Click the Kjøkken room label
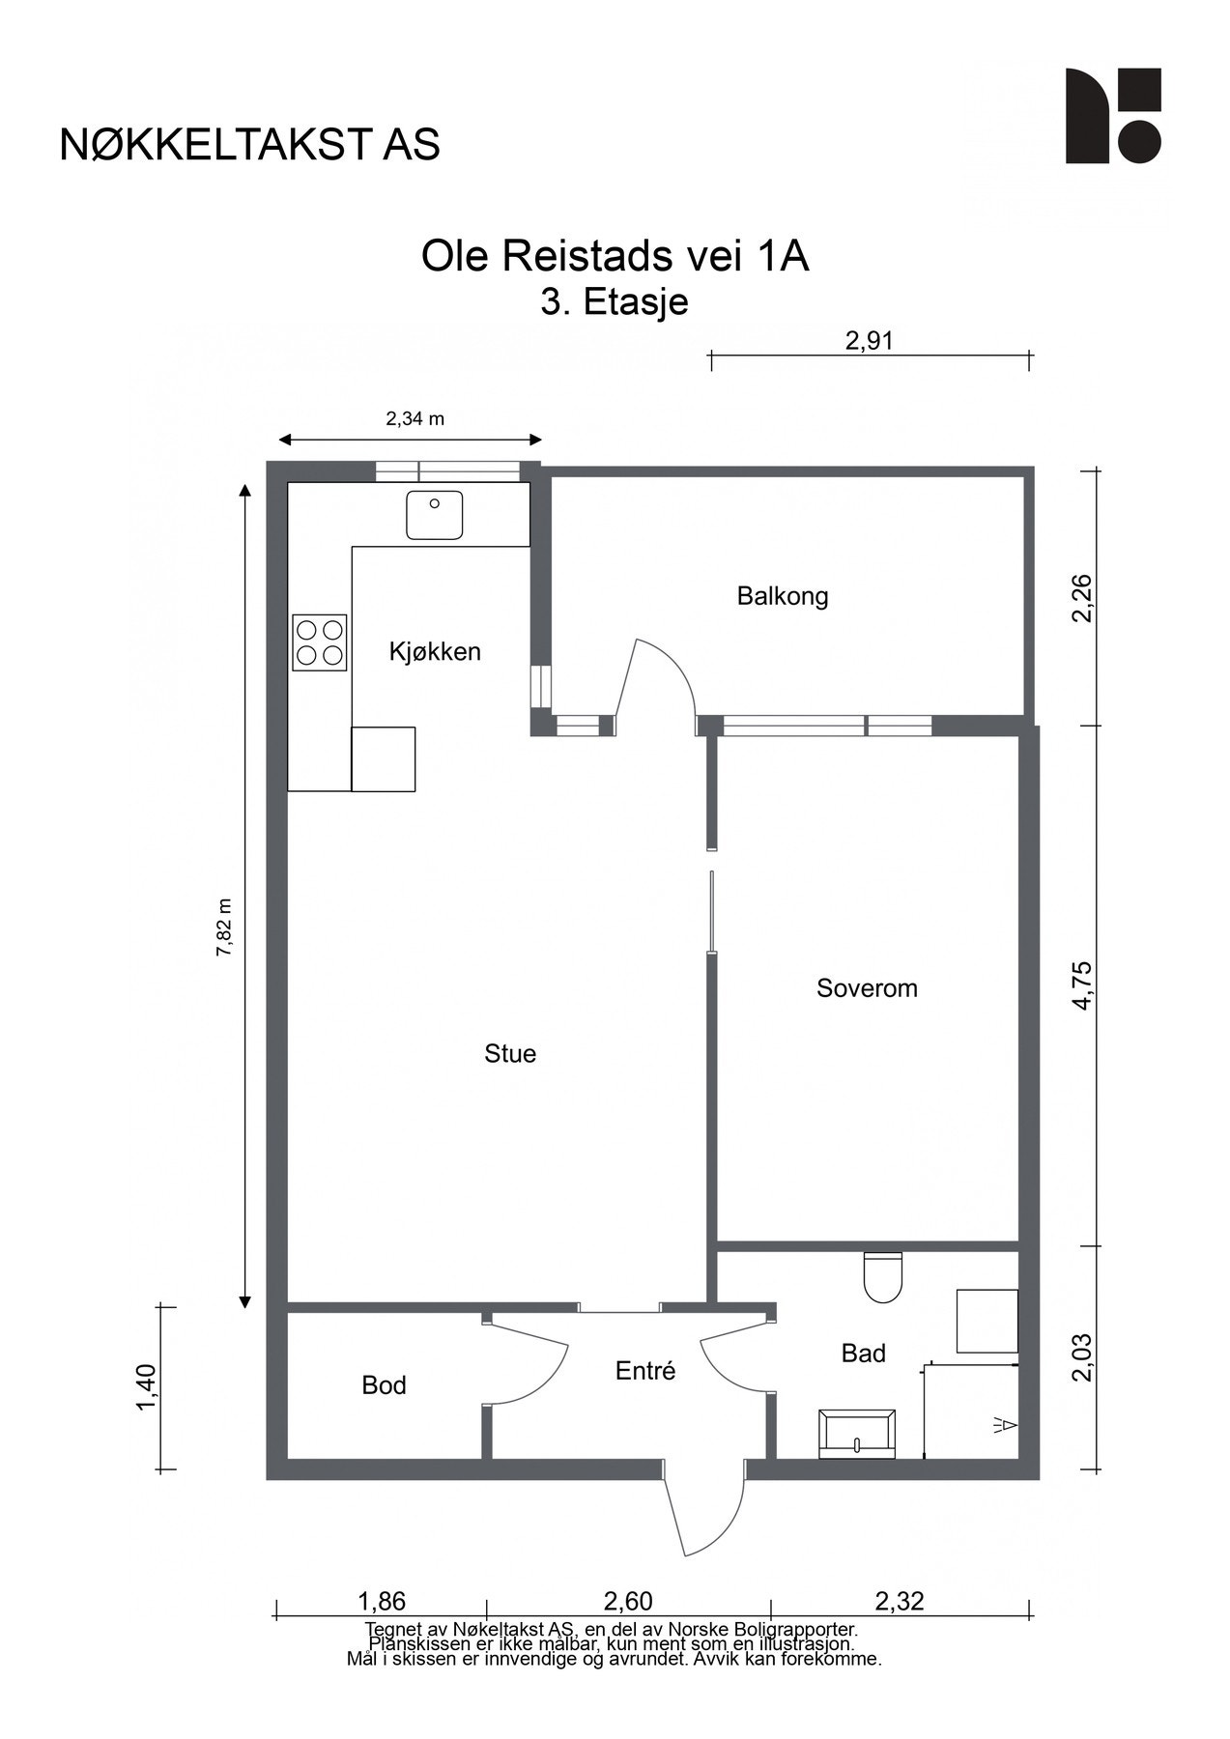435,652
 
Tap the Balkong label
783,596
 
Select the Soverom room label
867,988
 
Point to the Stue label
510,1053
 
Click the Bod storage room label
384,1385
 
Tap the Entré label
645,1370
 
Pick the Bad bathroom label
864,1354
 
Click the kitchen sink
435,515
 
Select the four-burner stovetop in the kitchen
320,642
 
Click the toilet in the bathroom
882,1276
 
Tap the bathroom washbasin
857,1434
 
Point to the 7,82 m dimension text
223,927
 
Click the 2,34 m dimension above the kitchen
415,418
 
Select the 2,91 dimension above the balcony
870,340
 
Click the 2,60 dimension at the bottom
628,1601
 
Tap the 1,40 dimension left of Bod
146,1387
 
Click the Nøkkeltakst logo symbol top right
1113,116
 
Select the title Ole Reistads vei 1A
615,257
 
